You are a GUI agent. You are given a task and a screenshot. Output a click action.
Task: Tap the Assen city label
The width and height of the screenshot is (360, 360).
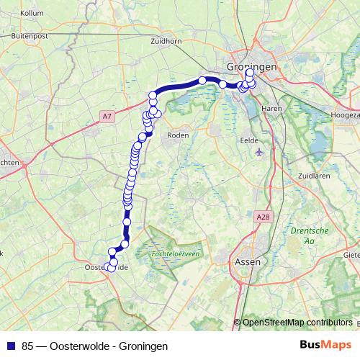coord(248,262)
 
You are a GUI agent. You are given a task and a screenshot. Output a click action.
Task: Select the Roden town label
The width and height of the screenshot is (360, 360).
coord(177,135)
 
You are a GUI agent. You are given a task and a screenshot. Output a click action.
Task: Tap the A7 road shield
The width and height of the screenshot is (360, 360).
coord(107,115)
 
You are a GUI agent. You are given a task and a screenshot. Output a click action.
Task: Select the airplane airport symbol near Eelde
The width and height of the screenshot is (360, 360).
coord(259,153)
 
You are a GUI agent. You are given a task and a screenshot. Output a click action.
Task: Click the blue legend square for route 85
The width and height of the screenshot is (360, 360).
coord(10,346)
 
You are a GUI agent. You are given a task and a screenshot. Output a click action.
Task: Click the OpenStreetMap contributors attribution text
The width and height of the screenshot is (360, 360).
coord(298,322)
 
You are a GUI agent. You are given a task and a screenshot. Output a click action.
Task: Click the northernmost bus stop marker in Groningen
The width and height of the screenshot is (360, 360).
coord(250,72)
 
